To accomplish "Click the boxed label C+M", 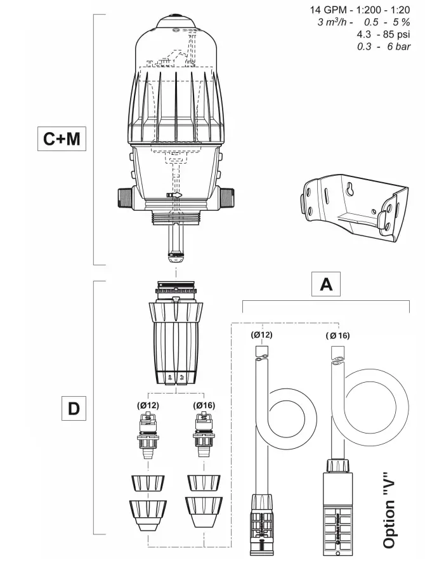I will pyautogui.click(x=62, y=139).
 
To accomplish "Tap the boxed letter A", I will pyautogui.click(x=326, y=284).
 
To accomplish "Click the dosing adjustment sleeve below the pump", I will pyautogui.click(x=175, y=343).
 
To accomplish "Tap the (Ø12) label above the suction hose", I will pyautogui.click(x=261, y=335).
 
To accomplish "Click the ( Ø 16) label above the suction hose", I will pyautogui.click(x=337, y=335).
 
